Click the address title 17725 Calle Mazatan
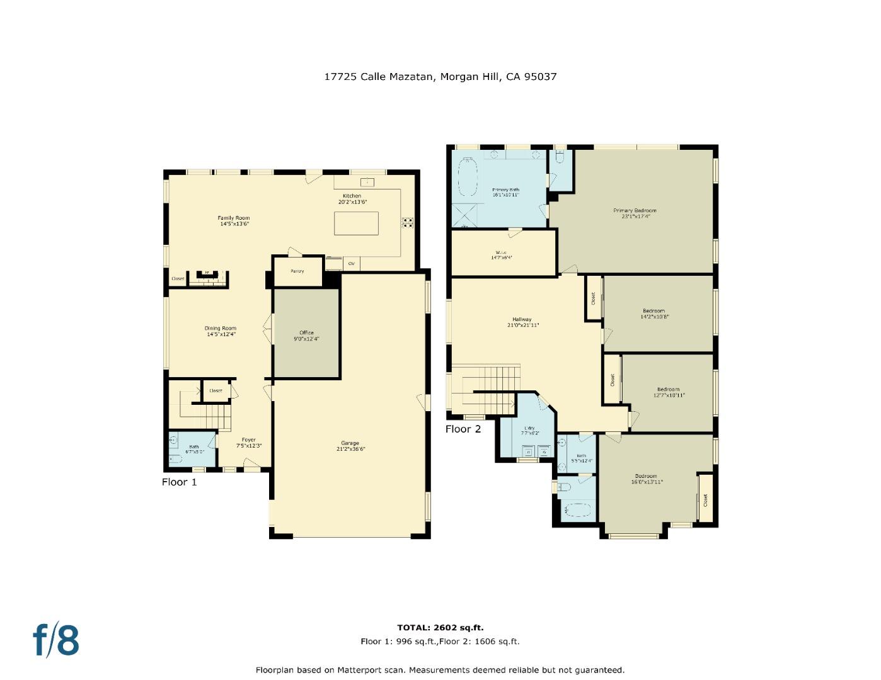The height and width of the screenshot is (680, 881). pyautogui.click(x=440, y=77)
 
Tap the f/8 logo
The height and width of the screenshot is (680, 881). pyautogui.click(x=56, y=640)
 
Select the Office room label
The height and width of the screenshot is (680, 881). pyautogui.click(x=306, y=333)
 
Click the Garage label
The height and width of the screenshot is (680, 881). pyautogui.click(x=350, y=443)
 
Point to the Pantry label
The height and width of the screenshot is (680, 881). pyautogui.click(x=297, y=271)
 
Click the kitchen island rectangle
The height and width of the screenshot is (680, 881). pyautogui.click(x=357, y=223)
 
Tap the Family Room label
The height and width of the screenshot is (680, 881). pyautogui.click(x=234, y=218)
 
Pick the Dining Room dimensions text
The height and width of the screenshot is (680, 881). pyautogui.click(x=221, y=334)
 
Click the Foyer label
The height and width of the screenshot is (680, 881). pyautogui.click(x=249, y=440)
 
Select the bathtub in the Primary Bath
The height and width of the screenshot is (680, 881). pyautogui.click(x=466, y=178)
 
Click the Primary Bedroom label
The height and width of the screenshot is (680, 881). pyautogui.click(x=635, y=211)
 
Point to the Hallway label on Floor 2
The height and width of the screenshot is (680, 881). pyautogui.click(x=522, y=320)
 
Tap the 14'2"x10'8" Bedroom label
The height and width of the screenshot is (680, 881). pyautogui.click(x=654, y=311)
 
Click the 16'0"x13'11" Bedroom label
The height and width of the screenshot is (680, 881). pyautogui.click(x=646, y=477)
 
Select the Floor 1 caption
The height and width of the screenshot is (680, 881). pyautogui.click(x=180, y=482)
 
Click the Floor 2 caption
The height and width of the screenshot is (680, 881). pyautogui.click(x=463, y=429)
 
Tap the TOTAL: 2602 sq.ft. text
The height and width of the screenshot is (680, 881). pyautogui.click(x=440, y=628)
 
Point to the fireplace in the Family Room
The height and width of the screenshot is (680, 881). pyautogui.click(x=206, y=275)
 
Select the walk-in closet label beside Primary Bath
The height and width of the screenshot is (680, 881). pyautogui.click(x=501, y=252)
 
